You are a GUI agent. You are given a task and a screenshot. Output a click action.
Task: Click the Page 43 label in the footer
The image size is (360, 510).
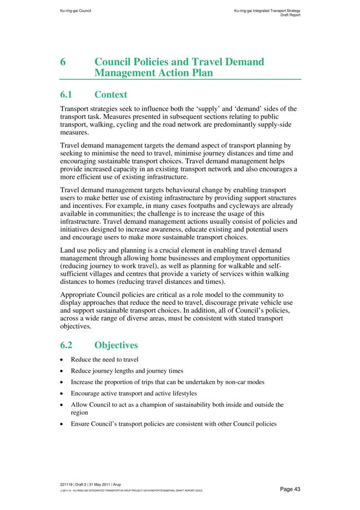pyautogui.click(x=290, y=489)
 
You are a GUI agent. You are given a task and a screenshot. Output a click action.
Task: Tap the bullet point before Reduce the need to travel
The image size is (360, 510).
pyautogui.click(x=63, y=360)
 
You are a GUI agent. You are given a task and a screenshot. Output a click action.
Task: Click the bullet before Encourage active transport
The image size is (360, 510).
pyautogui.click(x=63, y=394)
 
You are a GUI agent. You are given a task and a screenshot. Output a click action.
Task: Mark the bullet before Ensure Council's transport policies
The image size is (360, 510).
pyautogui.click(x=63, y=424)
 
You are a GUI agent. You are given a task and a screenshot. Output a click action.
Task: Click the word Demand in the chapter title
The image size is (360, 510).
pyautogui.click(x=242, y=62)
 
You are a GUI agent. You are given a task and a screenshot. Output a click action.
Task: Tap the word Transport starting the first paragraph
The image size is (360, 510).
pyautogui.click(x=76, y=109)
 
